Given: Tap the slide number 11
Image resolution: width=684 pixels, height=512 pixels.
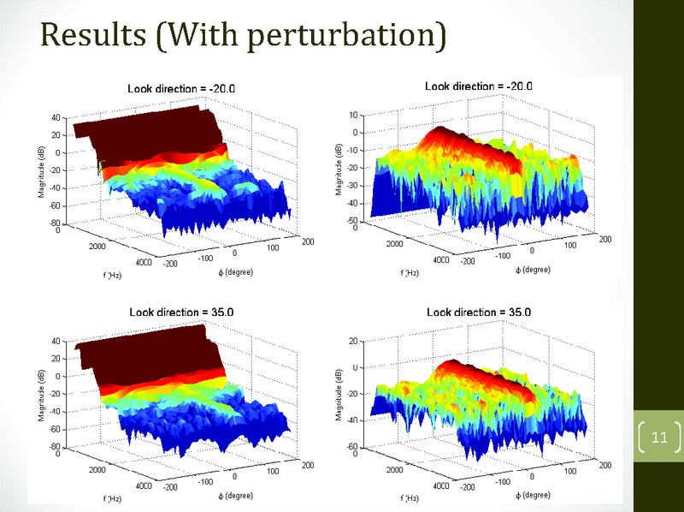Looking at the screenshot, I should point(658,439).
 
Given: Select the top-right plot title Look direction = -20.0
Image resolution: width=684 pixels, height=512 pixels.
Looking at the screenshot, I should point(479,86).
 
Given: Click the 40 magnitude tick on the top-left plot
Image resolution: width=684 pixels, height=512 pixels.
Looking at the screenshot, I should point(55,117).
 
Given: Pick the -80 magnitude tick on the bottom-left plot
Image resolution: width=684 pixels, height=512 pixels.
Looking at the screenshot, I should point(53,447).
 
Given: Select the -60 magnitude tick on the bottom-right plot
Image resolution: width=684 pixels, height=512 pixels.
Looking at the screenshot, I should point(351,447).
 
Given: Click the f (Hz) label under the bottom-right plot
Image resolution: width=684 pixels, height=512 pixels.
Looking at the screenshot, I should point(410,498).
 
